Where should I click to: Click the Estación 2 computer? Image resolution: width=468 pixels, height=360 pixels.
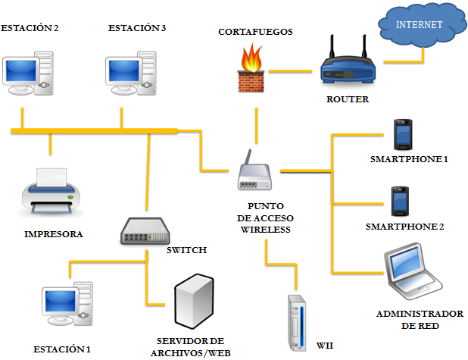29,73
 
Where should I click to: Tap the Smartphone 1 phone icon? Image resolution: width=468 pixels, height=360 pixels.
401,135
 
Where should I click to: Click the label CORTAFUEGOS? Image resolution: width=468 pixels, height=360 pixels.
255,32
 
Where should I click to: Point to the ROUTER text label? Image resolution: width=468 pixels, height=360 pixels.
348,99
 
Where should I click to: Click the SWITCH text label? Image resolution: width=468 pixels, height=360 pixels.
186,249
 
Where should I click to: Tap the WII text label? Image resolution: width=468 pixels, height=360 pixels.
324,346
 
